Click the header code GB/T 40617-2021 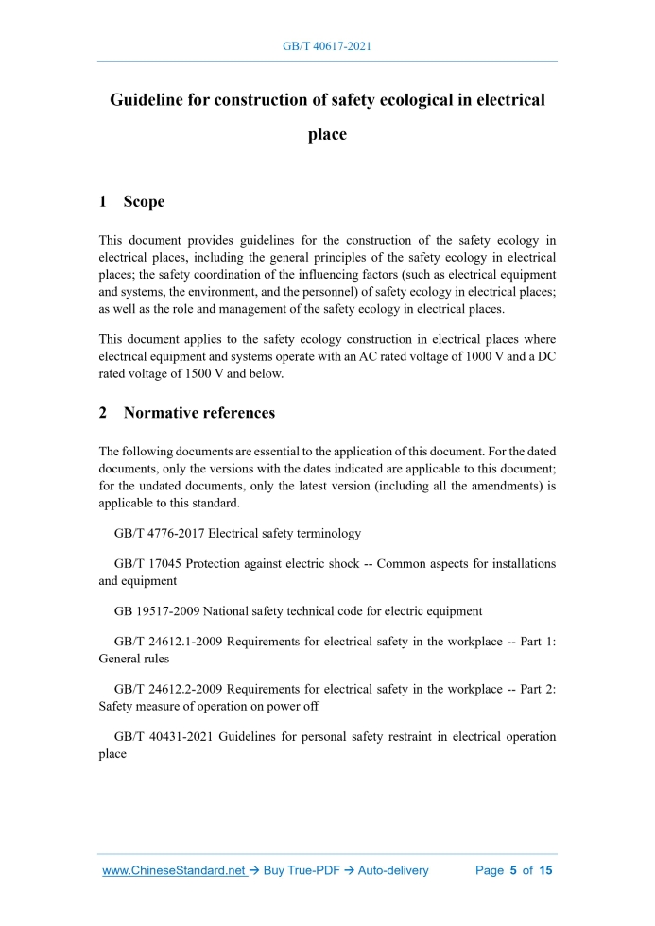327,44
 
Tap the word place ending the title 327,134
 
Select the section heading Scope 144,201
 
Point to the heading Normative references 198,412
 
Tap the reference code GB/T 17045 147,564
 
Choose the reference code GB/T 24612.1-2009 169,642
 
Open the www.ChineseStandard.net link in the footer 174,870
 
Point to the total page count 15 545,870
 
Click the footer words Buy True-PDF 298,870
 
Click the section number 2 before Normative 103,412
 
